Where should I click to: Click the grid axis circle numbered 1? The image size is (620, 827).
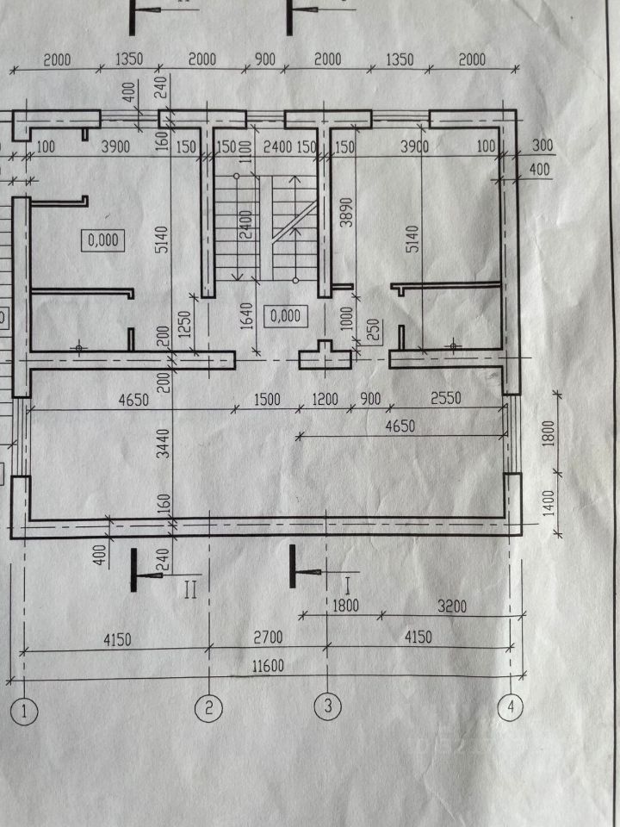[x=25, y=712]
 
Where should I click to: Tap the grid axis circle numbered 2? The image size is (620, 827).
[x=209, y=708]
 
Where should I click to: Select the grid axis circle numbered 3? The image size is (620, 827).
[x=327, y=707]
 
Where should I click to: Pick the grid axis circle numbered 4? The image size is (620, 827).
[x=511, y=707]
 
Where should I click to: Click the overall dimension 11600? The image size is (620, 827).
[x=270, y=665]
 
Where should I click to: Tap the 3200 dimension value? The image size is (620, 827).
[x=451, y=606]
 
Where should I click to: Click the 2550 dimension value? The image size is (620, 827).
[x=449, y=399]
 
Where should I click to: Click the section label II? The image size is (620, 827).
[x=191, y=590]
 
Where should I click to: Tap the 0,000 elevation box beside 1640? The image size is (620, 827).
[x=284, y=315]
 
